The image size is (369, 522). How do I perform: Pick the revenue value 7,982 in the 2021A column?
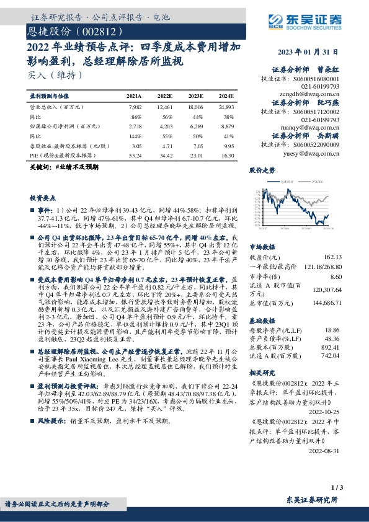coord(133,107)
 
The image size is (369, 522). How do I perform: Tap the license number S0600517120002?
coord(318,110)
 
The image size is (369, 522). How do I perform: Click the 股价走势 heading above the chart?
coord(262,169)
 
